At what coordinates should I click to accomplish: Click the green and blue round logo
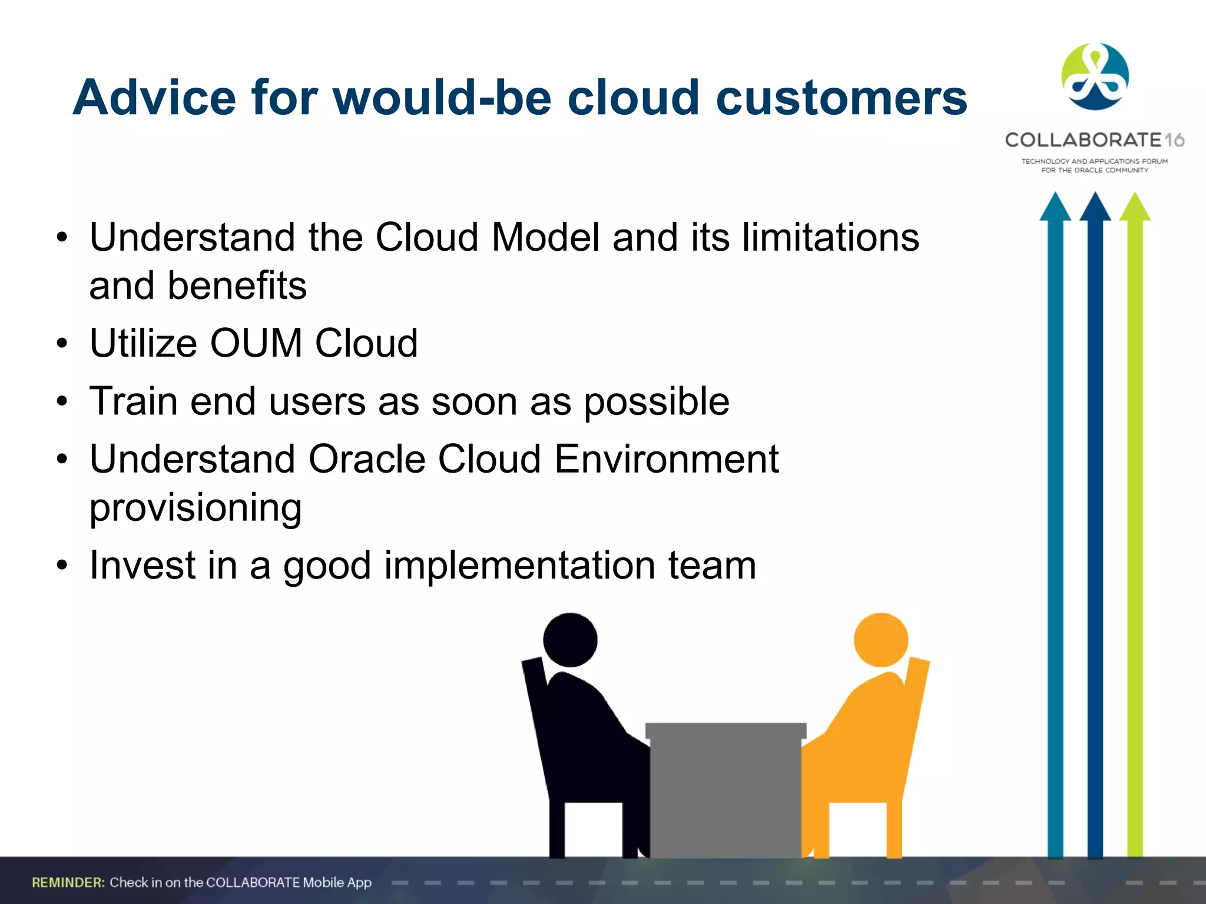pos(1095,77)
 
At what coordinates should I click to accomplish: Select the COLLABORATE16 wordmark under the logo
pos(1094,140)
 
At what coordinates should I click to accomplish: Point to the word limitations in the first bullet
pos(830,237)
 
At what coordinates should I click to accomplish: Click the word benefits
pos(237,285)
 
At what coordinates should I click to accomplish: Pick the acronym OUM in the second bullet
pos(256,343)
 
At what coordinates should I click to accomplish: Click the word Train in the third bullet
pos(134,401)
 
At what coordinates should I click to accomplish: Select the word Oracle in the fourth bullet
pos(366,459)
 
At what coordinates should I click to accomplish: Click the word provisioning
pos(196,508)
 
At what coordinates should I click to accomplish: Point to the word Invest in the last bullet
pos(143,565)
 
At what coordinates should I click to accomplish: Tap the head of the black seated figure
pos(569,640)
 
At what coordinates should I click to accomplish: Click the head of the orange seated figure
pos(880,640)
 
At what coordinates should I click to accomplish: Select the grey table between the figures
pos(725,789)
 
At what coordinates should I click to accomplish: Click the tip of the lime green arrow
pos(1135,197)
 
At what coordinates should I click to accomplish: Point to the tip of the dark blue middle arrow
pos(1095,197)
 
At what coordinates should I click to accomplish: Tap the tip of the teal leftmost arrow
pos(1055,197)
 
